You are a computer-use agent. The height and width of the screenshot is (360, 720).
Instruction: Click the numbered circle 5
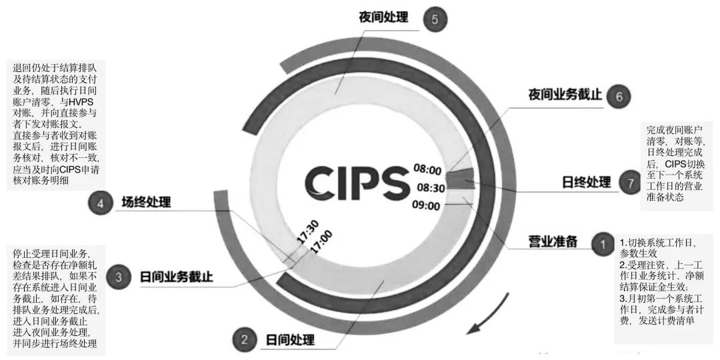[435, 19]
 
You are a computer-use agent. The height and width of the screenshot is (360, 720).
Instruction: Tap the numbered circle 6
[619, 96]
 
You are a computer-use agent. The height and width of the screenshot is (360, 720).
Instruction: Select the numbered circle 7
[629, 183]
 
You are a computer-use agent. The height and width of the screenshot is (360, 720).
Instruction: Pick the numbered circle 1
[602, 243]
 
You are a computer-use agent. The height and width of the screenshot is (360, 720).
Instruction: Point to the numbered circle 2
[245, 340]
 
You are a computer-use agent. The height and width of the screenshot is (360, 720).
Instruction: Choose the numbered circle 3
[118, 277]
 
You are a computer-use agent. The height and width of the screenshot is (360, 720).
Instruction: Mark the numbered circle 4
[101, 203]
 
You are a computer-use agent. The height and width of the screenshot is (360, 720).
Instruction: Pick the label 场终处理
[146, 202]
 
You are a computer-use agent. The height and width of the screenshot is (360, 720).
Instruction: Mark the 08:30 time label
[432, 187]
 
